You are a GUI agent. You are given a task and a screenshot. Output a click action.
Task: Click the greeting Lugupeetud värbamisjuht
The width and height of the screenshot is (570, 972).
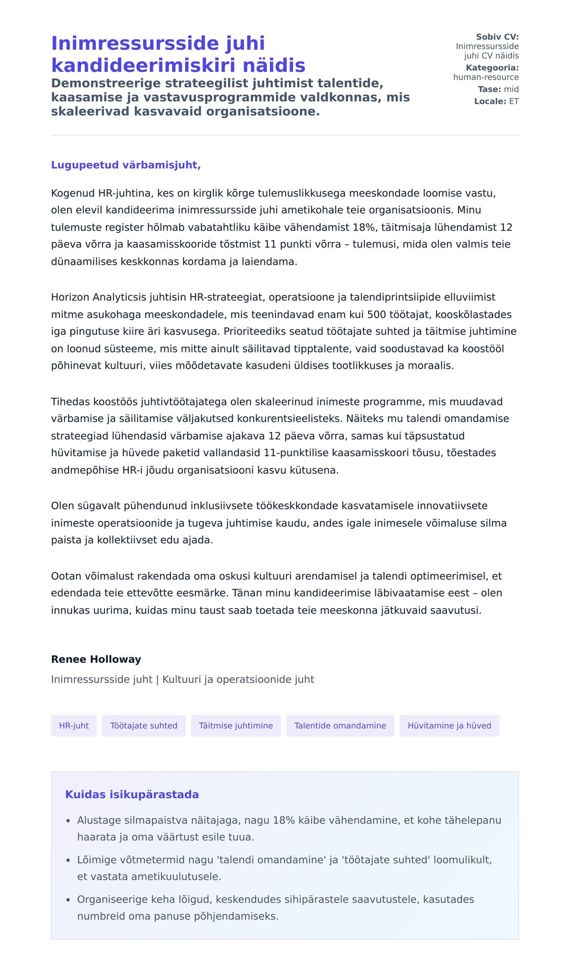pyautogui.click(x=126, y=165)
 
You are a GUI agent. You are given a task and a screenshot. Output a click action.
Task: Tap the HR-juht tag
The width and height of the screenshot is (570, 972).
pyautogui.click(x=74, y=725)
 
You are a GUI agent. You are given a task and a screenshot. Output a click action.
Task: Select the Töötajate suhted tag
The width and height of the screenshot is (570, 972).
pyautogui.click(x=143, y=725)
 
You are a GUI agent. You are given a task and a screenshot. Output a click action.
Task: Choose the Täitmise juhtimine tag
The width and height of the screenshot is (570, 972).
pyautogui.click(x=236, y=725)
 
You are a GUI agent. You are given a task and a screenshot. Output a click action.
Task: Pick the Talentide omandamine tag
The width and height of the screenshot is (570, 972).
pyautogui.click(x=340, y=725)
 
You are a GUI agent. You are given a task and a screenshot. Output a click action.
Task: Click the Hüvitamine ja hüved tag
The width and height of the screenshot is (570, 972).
pyautogui.click(x=449, y=725)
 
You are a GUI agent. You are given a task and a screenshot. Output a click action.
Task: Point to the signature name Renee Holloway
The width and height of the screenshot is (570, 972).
pyautogui.click(x=96, y=659)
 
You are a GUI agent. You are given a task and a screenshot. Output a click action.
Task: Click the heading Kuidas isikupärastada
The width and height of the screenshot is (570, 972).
pyautogui.click(x=132, y=794)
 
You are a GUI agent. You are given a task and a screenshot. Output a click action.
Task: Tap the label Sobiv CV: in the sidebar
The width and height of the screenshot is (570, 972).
pyautogui.click(x=497, y=37)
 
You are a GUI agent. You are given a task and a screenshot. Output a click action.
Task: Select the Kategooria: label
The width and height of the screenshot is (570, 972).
pyautogui.click(x=492, y=68)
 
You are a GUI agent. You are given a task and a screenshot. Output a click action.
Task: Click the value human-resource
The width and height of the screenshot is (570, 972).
pyautogui.click(x=486, y=77)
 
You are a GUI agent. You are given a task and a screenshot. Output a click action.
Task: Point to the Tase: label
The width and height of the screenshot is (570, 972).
pyautogui.click(x=489, y=89)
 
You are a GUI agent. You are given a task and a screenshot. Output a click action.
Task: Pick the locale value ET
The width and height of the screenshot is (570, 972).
pyautogui.click(x=514, y=101)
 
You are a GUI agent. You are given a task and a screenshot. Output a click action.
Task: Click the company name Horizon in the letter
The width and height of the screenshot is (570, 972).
pyautogui.click(x=70, y=297)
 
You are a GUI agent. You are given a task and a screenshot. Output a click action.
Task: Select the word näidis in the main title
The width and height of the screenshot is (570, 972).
pyautogui.click(x=277, y=65)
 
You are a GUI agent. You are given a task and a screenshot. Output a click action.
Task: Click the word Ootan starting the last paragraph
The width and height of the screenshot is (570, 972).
pyautogui.click(x=66, y=576)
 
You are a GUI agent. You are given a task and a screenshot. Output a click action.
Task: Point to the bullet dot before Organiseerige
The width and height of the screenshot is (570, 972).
pyautogui.click(x=68, y=900)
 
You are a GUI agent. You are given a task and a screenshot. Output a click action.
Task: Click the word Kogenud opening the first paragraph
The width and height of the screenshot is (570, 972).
pyautogui.click(x=73, y=193)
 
